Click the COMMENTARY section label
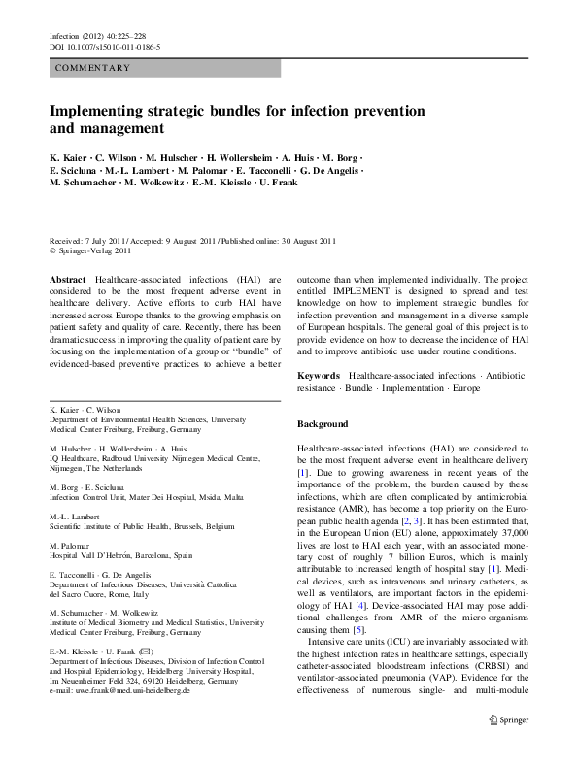(x=93, y=68)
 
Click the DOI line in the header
(x=104, y=47)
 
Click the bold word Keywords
(x=318, y=375)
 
